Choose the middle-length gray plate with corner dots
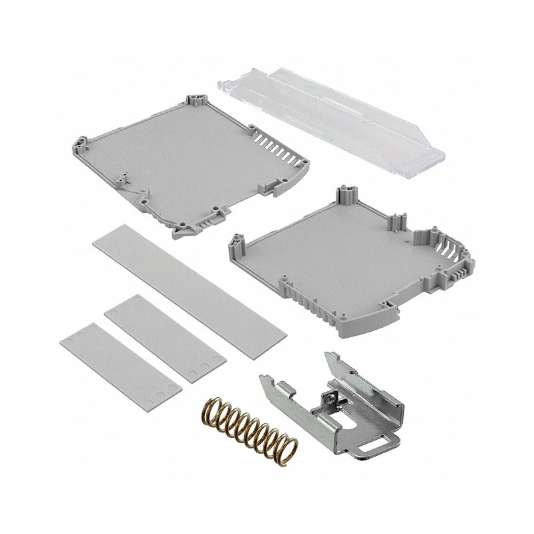click(164, 340)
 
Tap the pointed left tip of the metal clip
click(262, 380)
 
